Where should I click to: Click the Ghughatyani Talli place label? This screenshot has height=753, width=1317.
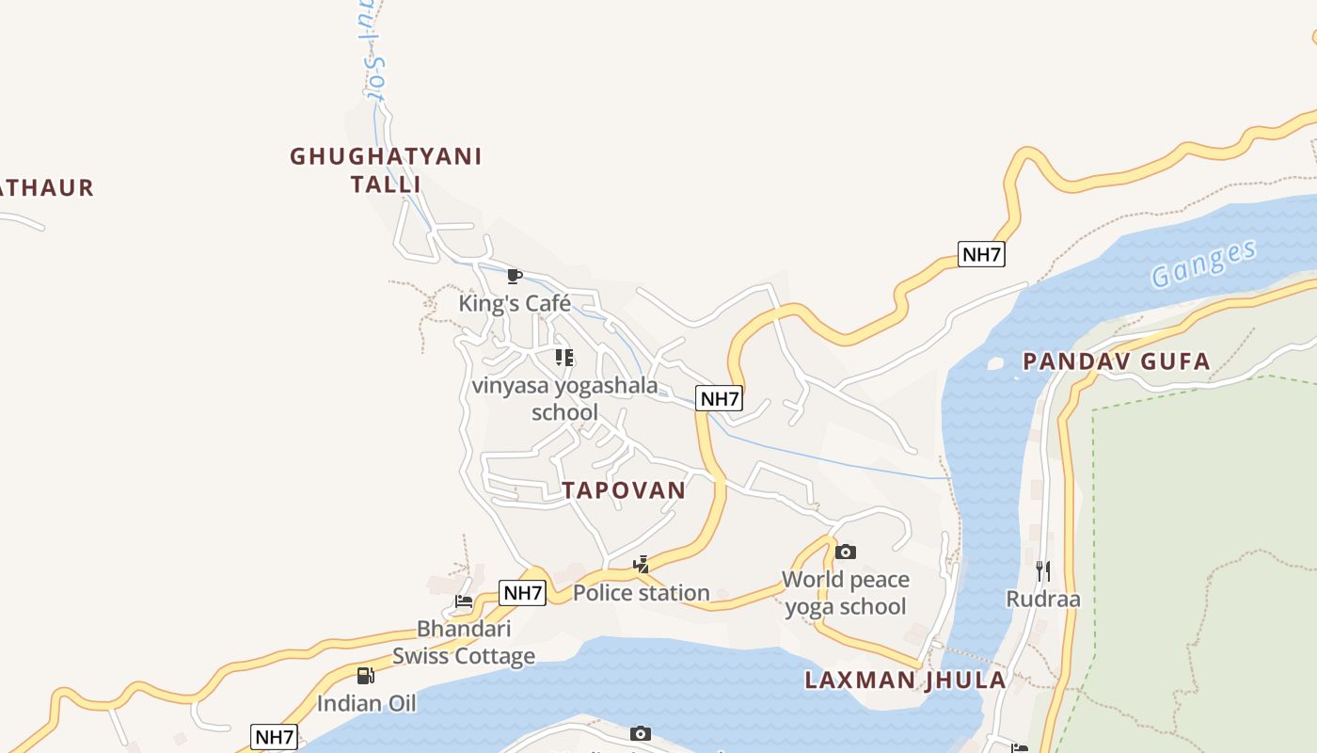pos(386,169)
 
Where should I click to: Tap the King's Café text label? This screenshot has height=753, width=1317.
pos(515,303)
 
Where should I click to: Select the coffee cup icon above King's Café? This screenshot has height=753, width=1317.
pos(514,276)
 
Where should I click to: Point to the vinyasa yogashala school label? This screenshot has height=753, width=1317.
pos(564,399)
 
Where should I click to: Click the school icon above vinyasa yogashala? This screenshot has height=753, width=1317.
pos(564,358)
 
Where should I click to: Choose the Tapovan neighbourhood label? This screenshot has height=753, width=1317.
pos(624,490)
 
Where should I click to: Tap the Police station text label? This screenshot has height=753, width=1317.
pos(642,593)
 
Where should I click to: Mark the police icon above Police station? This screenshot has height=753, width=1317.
pos(642,565)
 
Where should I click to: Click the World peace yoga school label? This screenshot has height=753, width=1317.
pos(846,593)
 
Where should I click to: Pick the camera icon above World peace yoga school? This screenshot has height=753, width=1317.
pos(846,552)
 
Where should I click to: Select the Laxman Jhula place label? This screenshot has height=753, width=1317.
pos(905,681)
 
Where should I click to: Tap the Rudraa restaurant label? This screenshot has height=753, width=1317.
pos(1043,600)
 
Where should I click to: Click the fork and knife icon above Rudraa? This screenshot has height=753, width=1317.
pos(1042,570)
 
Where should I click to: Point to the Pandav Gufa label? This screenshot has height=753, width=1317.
pos(1117,361)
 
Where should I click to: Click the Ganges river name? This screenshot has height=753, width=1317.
pos(1204,264)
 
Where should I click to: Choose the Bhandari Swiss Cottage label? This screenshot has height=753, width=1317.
pos(464,642)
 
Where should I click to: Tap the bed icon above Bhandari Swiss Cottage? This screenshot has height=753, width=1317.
pos(464,601)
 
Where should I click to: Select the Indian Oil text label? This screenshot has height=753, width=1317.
pos(366,703)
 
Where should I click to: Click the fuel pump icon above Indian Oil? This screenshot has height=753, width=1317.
pos(366,675)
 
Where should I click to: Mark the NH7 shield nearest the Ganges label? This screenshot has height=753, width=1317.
pos(981,254)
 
